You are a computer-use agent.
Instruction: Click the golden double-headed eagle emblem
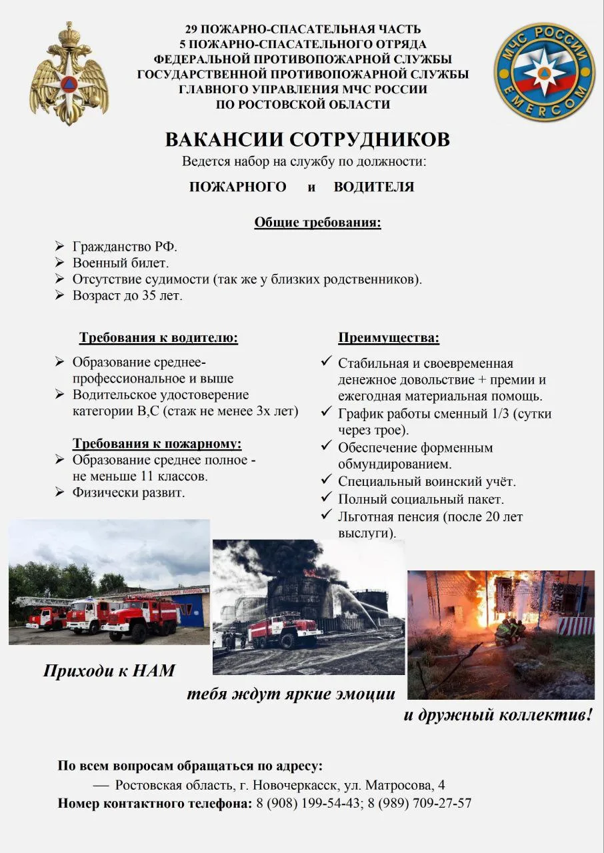pyautogui.click(x=69, y=74)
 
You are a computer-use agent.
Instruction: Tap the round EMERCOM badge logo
pyautogui.click(x=544, y=71)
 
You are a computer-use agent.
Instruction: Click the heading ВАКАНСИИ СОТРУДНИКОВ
pyautogui.click(x=307, y=140)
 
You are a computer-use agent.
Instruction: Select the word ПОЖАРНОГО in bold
pyautogui.click(x=238, y=187)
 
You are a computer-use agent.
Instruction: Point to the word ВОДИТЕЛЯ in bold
pyautogui.click(x=374, y=187)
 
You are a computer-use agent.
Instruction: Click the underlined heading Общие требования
pyautogui.click(x=317, y=223)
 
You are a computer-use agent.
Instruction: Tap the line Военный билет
pyautogui.click(x=121, y=263)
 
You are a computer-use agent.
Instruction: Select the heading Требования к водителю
pyautogui.click(x=159, y=337)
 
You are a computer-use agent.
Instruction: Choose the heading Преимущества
pyautogui.click(x=389, y=338)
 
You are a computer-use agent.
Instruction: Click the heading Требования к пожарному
pyautogui.click(x=157, y=444)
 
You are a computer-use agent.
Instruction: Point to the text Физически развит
pyautogui.click(x=129, y=493)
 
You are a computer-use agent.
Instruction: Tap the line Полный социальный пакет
pyautogui.click(x=421, y=498)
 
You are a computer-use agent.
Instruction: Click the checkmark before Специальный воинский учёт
pyautogui.click(x=326, y=480)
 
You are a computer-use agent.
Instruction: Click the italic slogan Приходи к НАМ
pyautogui.click(x=109, y=670)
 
